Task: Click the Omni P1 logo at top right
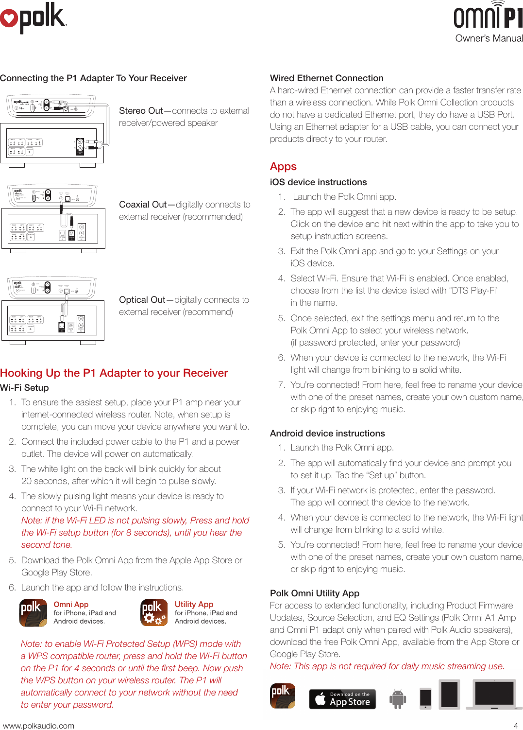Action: point(488,16)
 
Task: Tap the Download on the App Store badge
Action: point(342,699)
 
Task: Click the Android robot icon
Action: point(397,699)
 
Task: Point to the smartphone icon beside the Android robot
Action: point(425,698)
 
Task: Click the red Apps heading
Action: point(283,167)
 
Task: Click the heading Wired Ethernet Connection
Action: point(326,78)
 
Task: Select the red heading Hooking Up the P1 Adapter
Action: point(114,373)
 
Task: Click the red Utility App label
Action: point(194,604)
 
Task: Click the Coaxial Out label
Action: point(143,205)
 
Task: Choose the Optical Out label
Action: point(142,300)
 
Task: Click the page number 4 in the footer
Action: point(515,726)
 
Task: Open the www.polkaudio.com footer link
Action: point(39,726)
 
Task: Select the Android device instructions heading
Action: point(327,434)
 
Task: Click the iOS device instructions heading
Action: point(318,182)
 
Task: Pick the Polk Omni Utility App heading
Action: point(314,593)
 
